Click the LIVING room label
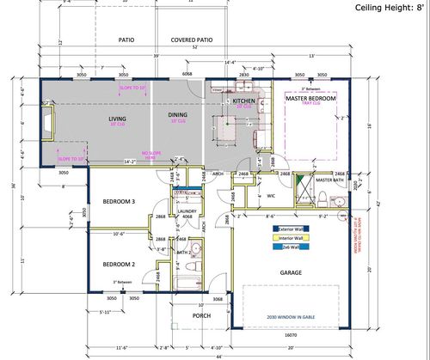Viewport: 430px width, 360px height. click(117, 119)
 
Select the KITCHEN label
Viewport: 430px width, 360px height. click(243, 101)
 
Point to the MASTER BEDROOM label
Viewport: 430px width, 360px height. click(310, 100)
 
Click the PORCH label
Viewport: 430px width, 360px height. click(202, 314)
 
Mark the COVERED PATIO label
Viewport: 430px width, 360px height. click(193, 40)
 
